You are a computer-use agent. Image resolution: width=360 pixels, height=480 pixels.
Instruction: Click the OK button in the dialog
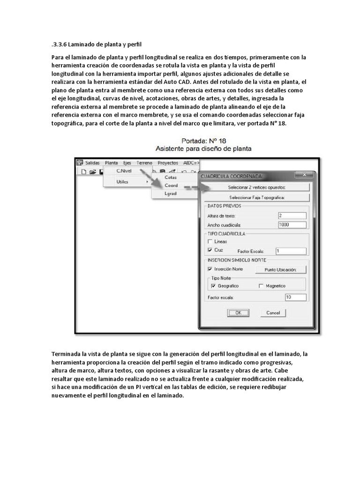pos(238,313)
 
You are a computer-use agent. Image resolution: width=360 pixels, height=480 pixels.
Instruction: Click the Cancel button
pos(273,313)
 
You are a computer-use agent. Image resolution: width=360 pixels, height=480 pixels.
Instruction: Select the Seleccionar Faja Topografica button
pos(256,197)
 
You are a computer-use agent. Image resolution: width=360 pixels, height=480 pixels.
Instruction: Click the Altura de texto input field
pos(292,216)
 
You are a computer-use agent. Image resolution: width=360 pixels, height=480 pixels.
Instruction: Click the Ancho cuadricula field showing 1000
pos(292,225)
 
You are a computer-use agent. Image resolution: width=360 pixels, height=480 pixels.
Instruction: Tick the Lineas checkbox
pos(210,241)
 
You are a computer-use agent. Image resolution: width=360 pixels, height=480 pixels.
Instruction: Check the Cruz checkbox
pos(210,250)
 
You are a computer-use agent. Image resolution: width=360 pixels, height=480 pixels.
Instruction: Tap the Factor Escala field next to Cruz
pos(291,251)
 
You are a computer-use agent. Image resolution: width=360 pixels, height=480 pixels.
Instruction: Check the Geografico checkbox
pos(213,285)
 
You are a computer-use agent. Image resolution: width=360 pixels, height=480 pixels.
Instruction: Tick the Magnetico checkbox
pos(261,285)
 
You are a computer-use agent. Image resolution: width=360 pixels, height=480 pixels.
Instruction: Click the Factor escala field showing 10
pos(295,297)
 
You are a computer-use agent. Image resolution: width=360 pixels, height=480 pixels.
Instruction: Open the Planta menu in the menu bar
pos(112,163)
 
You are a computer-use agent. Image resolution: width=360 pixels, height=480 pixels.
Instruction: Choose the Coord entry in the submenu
pos(171,185)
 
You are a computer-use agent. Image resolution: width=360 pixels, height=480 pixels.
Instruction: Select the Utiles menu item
pos(122,181)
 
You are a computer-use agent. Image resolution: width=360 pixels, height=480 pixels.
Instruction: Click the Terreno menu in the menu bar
pos(144,163)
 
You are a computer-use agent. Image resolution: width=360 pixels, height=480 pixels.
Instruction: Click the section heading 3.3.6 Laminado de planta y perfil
pos(97,45)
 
